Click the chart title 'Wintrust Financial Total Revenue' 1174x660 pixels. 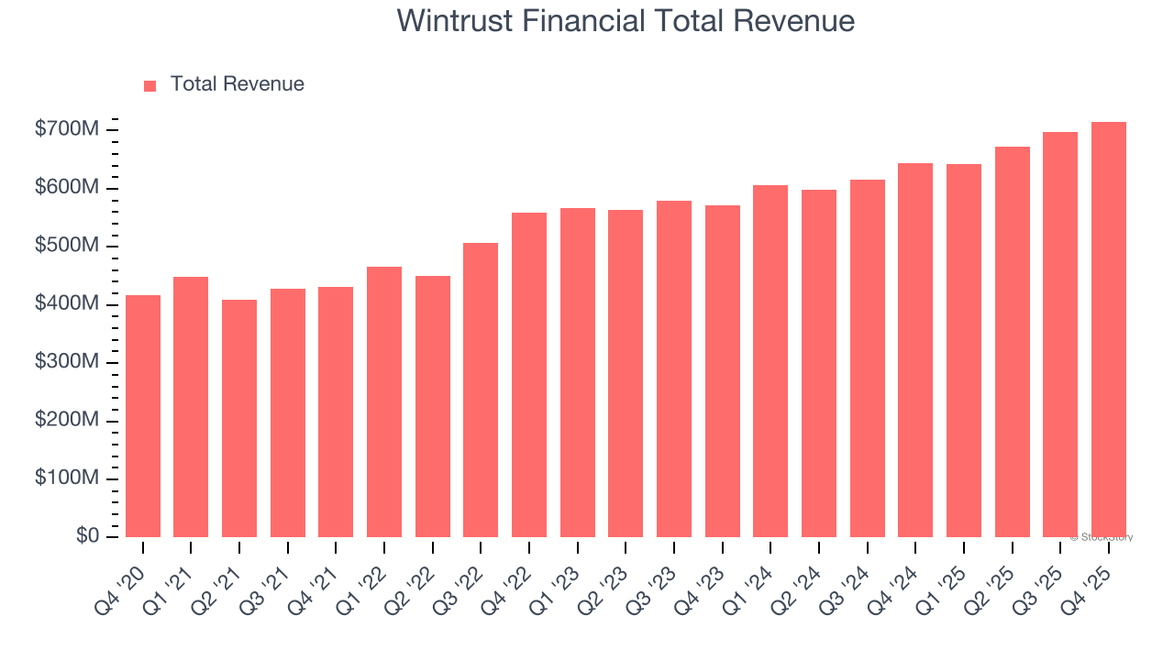626,21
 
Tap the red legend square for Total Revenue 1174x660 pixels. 150,85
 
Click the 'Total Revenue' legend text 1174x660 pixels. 237,84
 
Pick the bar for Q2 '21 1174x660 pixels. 239,418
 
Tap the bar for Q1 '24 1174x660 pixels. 770,361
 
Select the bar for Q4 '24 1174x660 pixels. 915,350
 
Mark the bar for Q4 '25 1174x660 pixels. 1108,329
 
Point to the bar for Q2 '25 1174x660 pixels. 1012,342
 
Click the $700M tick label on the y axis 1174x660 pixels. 67,130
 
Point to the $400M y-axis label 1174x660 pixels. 67,304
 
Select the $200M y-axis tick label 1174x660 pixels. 67,421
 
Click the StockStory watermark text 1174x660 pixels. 1101,537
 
